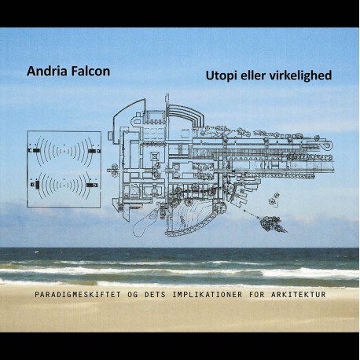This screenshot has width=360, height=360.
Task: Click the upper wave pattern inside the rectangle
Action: tap(64, 149)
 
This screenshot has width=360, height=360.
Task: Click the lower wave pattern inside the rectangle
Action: tap(64, 186)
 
